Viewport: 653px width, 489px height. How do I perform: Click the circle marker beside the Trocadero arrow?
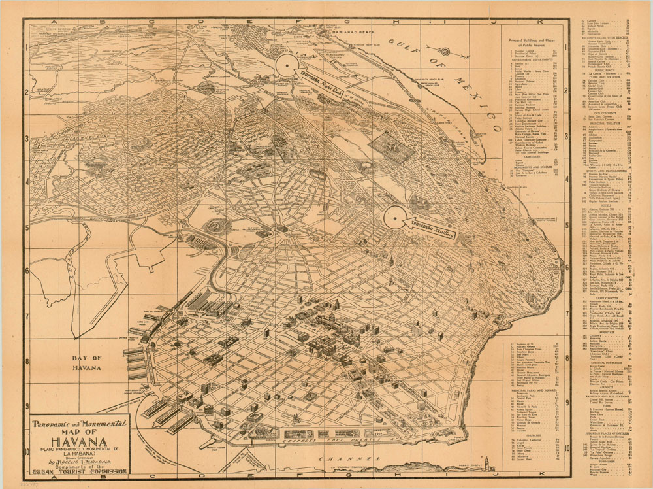pyautogui.click(x=395, y=218)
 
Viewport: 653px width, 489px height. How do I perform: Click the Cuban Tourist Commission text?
pyautogui.click(x=80, y=471)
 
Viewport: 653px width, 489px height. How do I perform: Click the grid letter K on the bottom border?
pyautogui.click(x=539, y=479)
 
